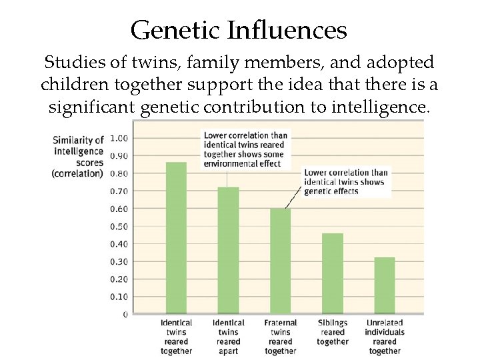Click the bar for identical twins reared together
click(176, 237)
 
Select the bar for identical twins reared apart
click(228, 250)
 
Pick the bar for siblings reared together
click(332, 273)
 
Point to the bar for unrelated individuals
click(384, 285)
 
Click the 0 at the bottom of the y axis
click(125, 314)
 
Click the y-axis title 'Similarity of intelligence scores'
click(78, 156)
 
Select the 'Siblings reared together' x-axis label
click(332, 332)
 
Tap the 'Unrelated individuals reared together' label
click(385, 337)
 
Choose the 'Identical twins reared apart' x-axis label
click(228, 337)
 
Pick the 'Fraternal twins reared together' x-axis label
click(280, 337)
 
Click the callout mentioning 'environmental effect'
click(244, 149)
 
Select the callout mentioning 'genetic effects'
click(345, 181)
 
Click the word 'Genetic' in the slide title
click(175, 30)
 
